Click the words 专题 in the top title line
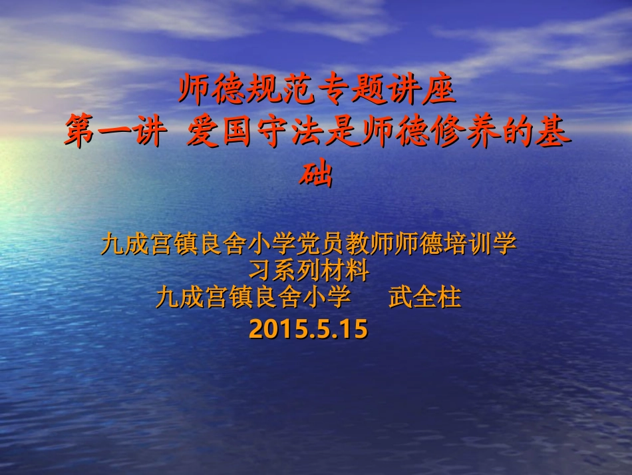click(352, 91)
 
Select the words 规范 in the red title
click(283, 91)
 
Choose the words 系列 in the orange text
click(295, 270)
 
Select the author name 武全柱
click(424, 297)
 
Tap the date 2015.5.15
click(308, 329)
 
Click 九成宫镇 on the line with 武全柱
click(204, 297)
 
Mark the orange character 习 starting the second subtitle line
click(259, 270)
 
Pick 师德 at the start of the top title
click(212, 91)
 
